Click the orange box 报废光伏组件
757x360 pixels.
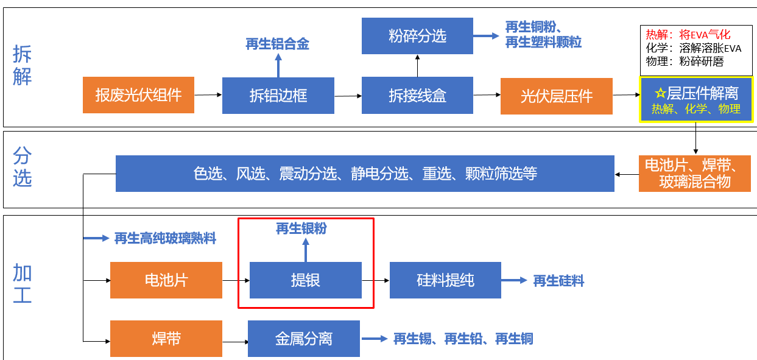[138, 95]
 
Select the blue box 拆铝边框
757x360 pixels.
[278, 95]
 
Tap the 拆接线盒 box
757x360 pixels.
[417, 95]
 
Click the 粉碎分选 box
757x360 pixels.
[417, 36]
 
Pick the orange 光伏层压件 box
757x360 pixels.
[556, 96]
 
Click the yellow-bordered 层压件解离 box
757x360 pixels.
[695, 99]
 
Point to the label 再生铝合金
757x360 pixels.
[277, 44]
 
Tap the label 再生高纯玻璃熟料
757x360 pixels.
[165, 238]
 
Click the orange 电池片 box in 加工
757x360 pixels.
[166, 280]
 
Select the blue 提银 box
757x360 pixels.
[305, 280]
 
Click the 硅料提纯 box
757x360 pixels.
[445, 280]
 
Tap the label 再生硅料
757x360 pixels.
[558, 281]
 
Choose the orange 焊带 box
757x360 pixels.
[166, 339]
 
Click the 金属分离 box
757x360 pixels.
[303, 339]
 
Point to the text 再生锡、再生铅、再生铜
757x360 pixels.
[463, 339]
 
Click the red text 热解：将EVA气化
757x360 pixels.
[688, 35]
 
